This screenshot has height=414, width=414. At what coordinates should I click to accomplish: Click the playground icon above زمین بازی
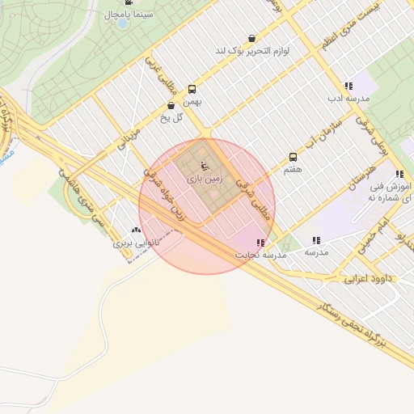[x=204, y=165]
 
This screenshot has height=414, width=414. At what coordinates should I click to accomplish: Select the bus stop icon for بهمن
[x=192, y=90]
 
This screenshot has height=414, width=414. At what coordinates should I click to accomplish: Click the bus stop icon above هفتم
[x=293, y=158]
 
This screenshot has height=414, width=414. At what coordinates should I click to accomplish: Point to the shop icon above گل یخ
[x=171, y=105]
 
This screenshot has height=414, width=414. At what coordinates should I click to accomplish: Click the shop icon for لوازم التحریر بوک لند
[x=251, y=38]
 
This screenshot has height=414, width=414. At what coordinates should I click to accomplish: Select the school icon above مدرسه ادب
[x=349, y=86]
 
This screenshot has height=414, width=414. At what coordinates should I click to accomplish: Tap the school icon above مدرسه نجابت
[x=260, y=243]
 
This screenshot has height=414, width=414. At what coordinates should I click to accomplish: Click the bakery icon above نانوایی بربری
[x=135, y=230]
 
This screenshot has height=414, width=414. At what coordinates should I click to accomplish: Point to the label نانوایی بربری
[x=132, y=242]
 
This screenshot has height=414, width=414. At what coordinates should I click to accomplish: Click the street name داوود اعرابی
[x=368, y=279]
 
